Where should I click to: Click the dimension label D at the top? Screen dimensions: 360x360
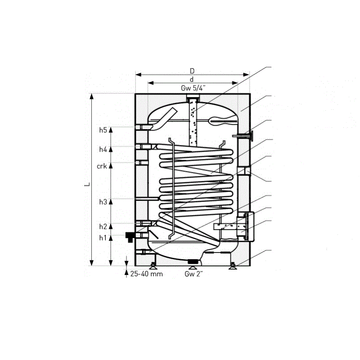pyautogui.click(x=192, y=71)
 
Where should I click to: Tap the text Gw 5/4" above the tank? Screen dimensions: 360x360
pyautogui.click(x=193, y=88)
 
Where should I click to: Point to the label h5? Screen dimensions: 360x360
pyautogui.click(x=103, y=130)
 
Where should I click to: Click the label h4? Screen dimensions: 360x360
pyautogui.click(x=103, y=149)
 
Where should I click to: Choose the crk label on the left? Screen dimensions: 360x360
pyautogui.click(x=101, y=166)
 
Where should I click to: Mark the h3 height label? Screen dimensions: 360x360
pyautogui.click(x=103, y=202)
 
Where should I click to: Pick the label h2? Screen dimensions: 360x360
pyautogui.click(x=103, y=226)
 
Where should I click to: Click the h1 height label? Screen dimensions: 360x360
pyautogui.click(x=103, y=238)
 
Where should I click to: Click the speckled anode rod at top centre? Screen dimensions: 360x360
pyautogui.click(x=193, y=124)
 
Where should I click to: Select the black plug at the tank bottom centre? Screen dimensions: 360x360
pyautogui.click(x=193, y=261)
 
